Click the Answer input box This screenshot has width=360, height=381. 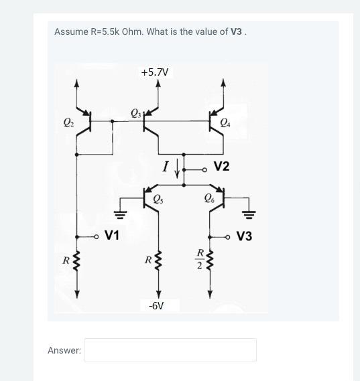[170, 350]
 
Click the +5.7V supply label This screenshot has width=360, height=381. [156, 72]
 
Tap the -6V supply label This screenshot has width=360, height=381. [156, 306]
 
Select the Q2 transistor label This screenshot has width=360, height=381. [68, 122]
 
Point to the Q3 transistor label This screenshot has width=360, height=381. [135, 112]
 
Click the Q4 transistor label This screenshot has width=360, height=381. [232, 122]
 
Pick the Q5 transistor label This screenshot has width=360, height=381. [158, 199]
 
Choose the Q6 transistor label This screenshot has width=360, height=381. [210, 199]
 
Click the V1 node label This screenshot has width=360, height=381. [112, 236]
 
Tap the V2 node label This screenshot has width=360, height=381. [221, 166]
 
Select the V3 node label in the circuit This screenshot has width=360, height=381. [244, 236]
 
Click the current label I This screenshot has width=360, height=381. [165, 166]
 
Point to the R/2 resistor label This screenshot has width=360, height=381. [199, 259]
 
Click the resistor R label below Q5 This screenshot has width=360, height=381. [147, 259]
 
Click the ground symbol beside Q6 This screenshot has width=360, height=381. [248, 214]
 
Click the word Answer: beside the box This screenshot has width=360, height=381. [64, 350]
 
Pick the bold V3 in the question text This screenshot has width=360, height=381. [236, 31]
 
